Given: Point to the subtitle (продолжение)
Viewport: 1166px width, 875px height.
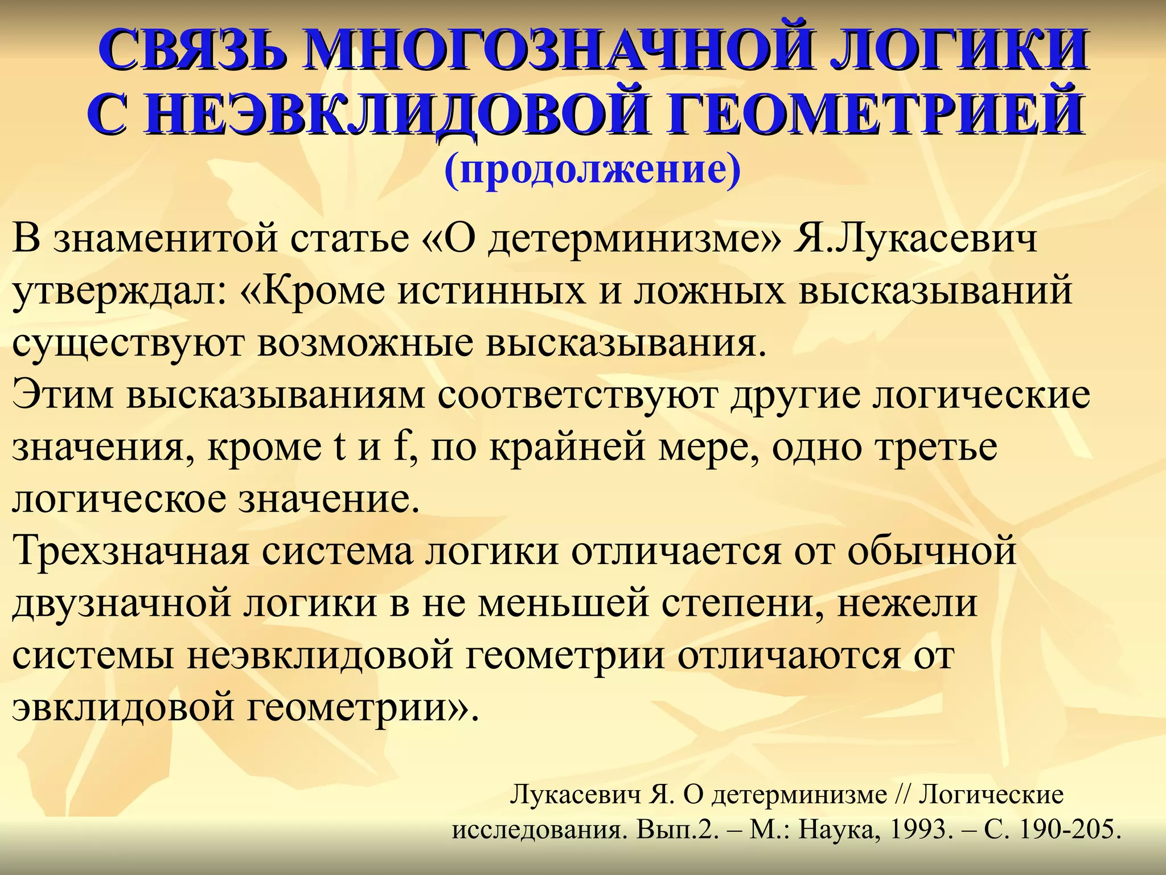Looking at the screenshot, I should point(593,170).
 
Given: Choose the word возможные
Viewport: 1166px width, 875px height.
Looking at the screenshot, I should point(365,344).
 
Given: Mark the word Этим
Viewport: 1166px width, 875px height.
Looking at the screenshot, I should point(63,395).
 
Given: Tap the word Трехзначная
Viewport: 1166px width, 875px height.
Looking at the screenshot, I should point(131,551).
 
